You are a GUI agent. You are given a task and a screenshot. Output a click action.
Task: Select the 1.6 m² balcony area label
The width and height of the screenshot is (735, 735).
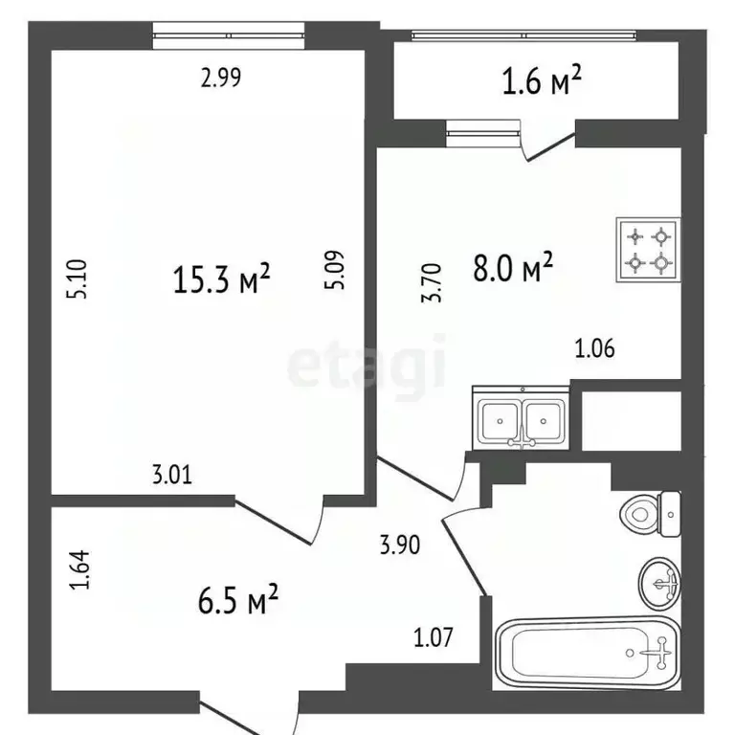[x=542, y=83]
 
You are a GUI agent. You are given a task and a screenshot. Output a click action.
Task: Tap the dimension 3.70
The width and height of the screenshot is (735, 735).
[x=432, y=284]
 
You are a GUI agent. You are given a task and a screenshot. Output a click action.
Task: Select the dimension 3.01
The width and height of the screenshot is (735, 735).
[x=171, y=473]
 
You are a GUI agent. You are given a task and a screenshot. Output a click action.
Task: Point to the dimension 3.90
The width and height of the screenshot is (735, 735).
[x=399, y=546]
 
